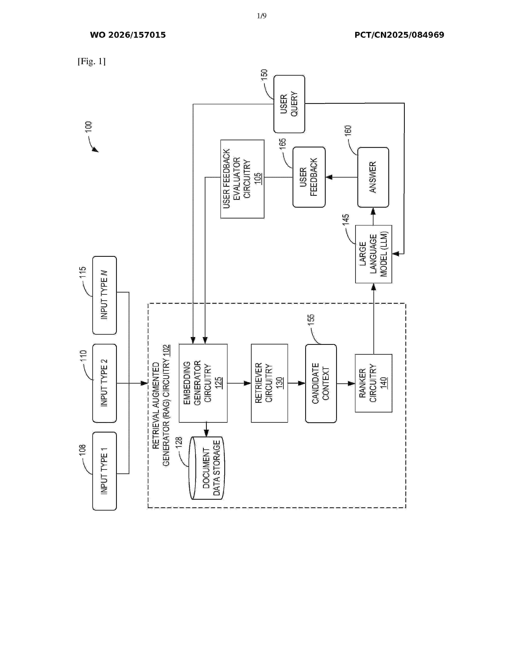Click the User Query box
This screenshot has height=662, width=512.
click(289, 104)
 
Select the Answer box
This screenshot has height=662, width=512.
click(373, 177)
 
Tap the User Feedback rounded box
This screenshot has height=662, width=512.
click(309, 177)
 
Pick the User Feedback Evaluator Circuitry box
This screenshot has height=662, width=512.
click(242, 179)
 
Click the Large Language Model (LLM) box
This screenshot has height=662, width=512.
click(373, 254)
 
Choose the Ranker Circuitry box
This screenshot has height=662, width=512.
click(373, 383)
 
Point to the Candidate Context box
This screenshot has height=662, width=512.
click(321, 383)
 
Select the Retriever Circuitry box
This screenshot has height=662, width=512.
click(269, 383)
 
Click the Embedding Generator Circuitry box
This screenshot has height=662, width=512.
click(203, 383)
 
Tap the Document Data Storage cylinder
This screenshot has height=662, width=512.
click(206, 468)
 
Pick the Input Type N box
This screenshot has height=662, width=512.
click(104, 295)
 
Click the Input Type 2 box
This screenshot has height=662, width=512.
click(104, 383)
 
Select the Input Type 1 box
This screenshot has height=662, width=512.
click(104, 471)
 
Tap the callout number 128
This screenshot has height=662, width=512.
click(179, 442)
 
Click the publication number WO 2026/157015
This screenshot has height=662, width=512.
click(128, 35)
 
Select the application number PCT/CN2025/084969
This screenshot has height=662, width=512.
click(399, 35)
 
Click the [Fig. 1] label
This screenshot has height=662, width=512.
click(92, 62)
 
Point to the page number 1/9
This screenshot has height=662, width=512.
click(261, 16)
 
